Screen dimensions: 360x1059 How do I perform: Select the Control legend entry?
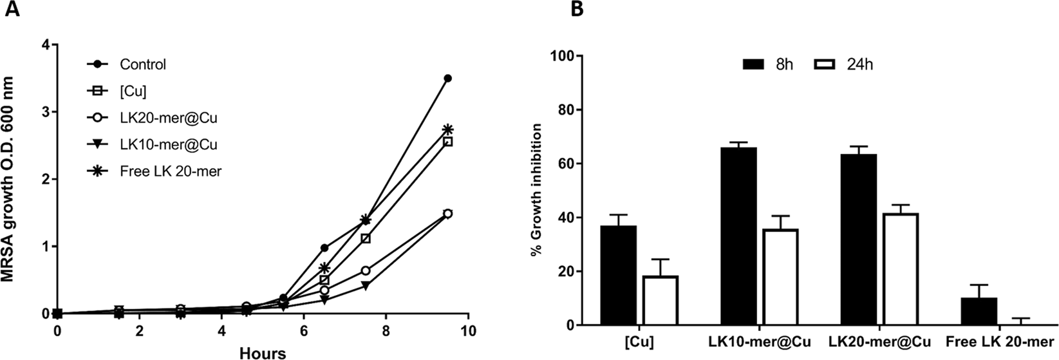(142, 64)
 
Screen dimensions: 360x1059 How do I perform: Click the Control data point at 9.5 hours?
(448, 79)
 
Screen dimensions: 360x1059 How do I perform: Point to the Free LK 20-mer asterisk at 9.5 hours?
(448, 129)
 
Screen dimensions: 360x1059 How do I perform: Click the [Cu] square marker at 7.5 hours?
(366, 238)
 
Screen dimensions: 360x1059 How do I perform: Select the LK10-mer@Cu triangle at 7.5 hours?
(366, 285)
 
